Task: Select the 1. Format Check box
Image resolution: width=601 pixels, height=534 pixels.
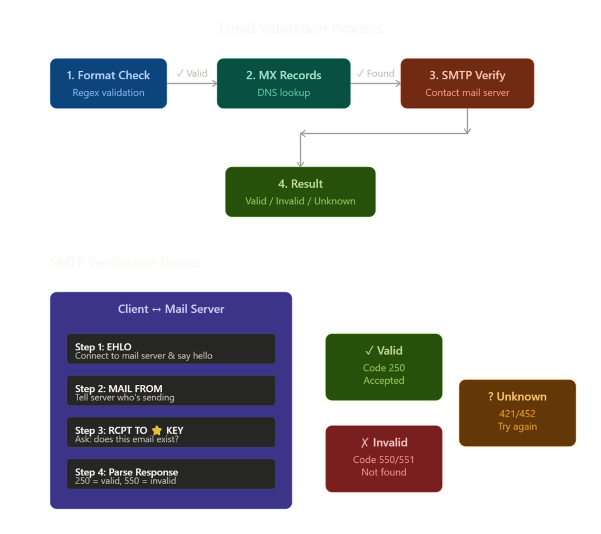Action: (x=108, y=83)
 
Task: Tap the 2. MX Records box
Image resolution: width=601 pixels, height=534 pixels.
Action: (x=283, y=83)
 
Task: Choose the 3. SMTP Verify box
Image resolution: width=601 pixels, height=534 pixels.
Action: (x=467, y=83)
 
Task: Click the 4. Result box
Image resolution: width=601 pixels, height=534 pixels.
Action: (x=300, y=192)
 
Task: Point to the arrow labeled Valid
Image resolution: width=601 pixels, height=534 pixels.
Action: (x=192, y=83)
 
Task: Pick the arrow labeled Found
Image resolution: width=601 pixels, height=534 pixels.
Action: (x=376, y=83)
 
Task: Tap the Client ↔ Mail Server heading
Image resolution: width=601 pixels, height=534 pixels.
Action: (x=171, y=309)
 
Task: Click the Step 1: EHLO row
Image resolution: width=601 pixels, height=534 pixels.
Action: (x=171, y=349)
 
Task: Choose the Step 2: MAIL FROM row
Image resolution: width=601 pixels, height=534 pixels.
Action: (x=171, y=391)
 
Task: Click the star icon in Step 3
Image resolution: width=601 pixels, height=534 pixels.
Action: (x=157, y=431)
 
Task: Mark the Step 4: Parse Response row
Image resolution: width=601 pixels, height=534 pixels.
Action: (x=171, y=474)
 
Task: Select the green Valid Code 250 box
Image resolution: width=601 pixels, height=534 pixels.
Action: (x=383, y=367)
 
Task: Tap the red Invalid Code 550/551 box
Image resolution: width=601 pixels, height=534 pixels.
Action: (x=383, y=458)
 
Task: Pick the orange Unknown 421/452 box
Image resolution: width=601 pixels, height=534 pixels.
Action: (x=517, y=413)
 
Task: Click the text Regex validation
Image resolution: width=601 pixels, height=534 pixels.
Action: (x=108, y=93)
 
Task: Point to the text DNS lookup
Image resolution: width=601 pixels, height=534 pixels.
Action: (x=283, y=93)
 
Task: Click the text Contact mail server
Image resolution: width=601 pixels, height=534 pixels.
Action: (x=467, y=93)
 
